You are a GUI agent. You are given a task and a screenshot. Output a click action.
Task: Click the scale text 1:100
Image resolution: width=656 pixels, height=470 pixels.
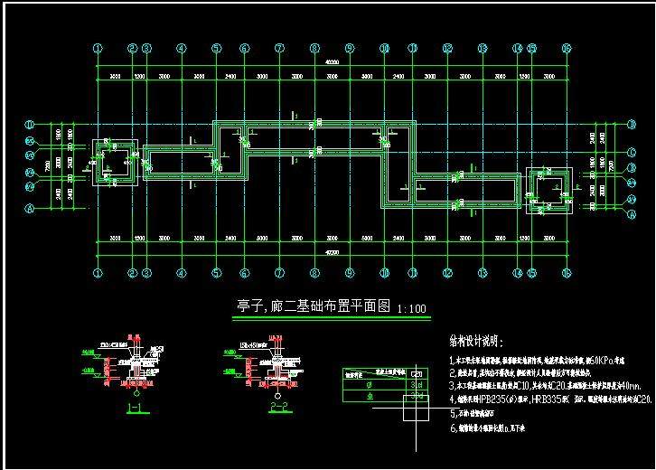pyautogui.click(x=411, y=309)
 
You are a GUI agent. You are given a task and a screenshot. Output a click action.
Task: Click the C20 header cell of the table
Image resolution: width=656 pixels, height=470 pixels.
pyautogui.click(x=417, y=372)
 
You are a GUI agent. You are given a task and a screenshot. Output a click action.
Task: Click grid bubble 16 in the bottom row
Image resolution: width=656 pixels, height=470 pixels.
pyautogui.click(x=567, y=272)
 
